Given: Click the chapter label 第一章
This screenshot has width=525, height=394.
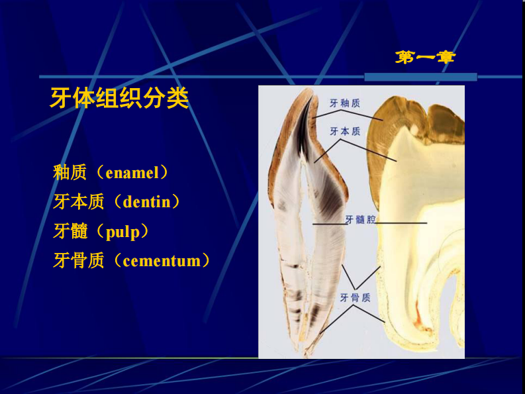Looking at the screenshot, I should click(426, 58).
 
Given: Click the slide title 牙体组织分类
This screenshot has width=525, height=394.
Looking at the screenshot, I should click(119, 99).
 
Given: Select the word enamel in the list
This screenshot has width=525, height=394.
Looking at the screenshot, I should click(132, 173).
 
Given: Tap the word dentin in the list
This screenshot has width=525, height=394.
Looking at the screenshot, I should click(146, 201).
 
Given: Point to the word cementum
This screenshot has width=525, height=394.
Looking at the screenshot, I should click(162, 260).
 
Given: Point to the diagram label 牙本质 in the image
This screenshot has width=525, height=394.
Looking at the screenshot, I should click(344, 131).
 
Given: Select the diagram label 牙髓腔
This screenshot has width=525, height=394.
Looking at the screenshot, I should click(360, 219).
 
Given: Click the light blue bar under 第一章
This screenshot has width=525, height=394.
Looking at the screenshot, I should click(410, 77).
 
